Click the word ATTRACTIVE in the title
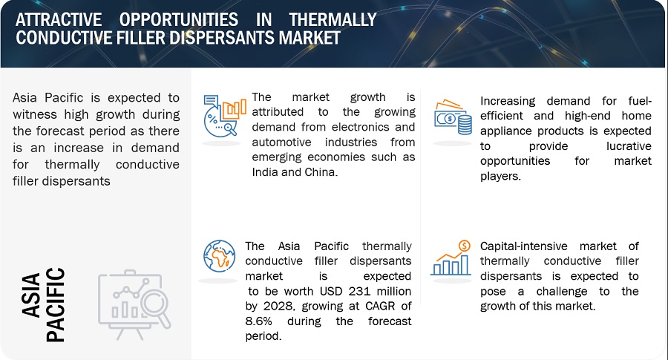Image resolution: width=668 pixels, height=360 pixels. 59,19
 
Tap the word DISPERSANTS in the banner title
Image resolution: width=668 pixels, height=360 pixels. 222,38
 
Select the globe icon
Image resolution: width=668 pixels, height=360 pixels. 220,255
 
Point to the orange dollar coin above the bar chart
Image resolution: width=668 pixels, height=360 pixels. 464,246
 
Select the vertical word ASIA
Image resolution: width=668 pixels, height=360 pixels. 31,295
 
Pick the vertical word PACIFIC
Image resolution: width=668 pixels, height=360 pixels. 56,304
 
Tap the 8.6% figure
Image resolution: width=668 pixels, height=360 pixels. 258,321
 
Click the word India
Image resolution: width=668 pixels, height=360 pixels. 264,172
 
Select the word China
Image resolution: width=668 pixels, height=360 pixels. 321,172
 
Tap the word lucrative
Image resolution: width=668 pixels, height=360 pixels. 629,146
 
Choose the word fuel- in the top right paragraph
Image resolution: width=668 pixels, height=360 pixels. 640,101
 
